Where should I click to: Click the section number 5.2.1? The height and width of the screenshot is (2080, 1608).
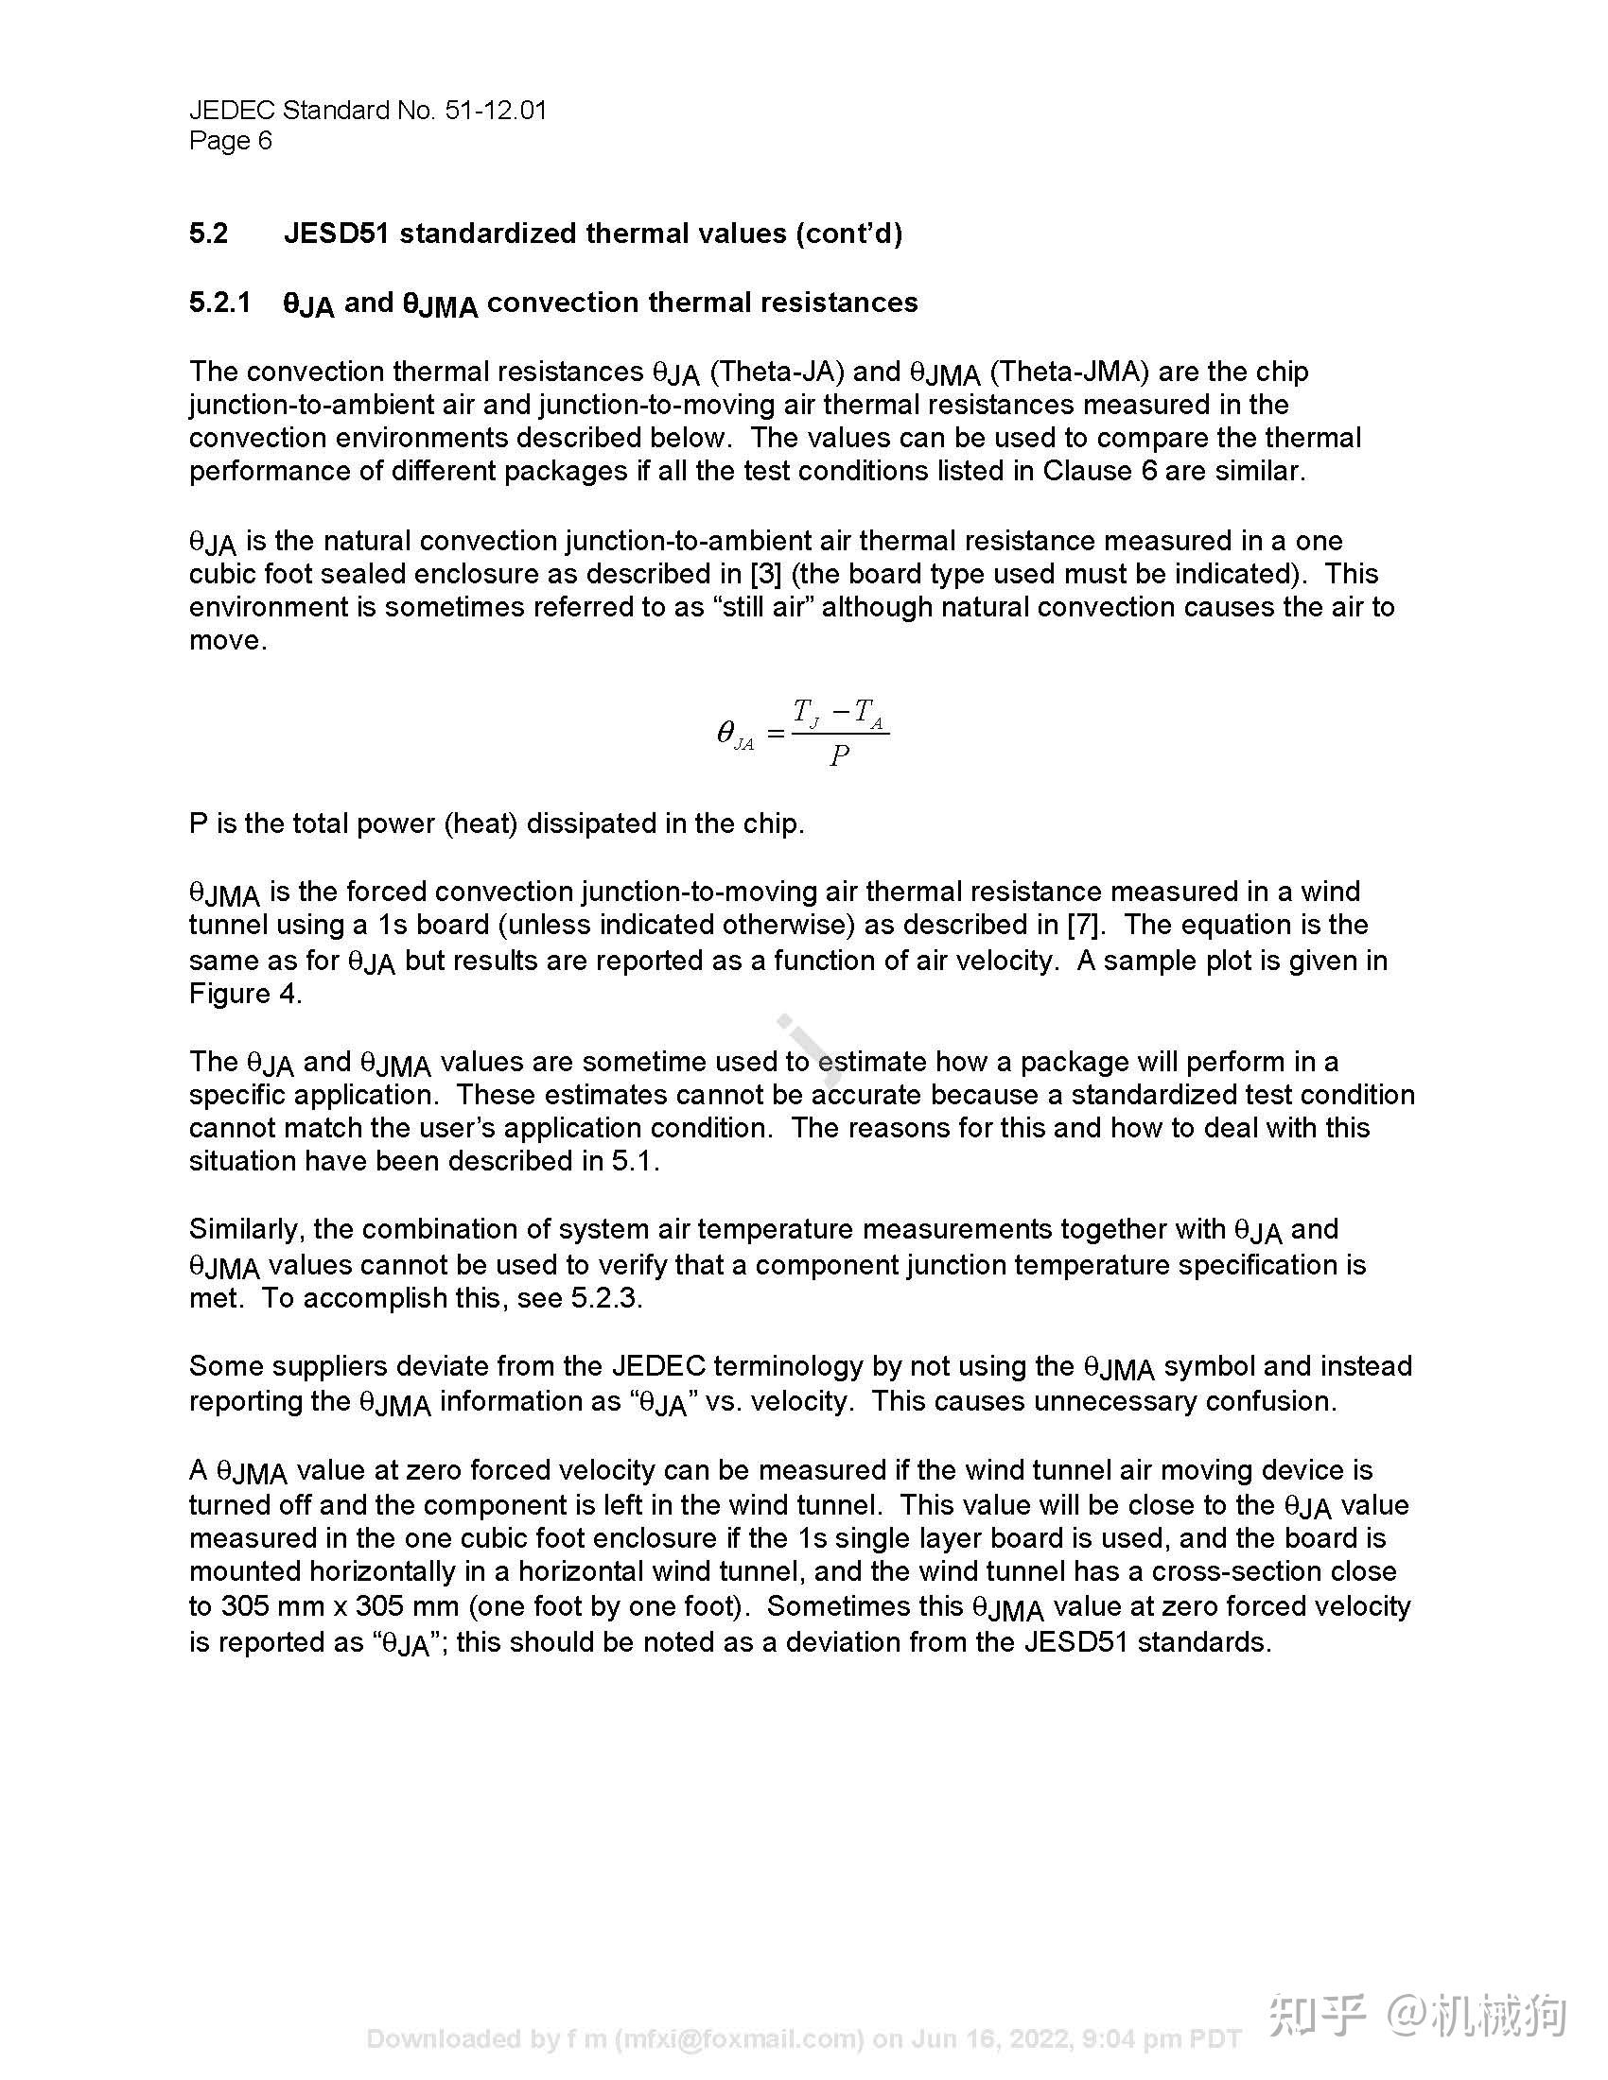point(219,303)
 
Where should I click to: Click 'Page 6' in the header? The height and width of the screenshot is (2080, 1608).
point(231,141)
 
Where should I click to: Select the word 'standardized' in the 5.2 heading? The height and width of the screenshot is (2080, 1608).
point(488,234)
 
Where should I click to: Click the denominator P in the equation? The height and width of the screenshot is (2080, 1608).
point(838,756)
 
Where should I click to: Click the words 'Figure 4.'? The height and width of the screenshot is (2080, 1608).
point(245,994)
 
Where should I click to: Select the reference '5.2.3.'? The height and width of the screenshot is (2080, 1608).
point(606,1298)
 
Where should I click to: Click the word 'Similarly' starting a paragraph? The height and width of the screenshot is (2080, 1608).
point(245,1229)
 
